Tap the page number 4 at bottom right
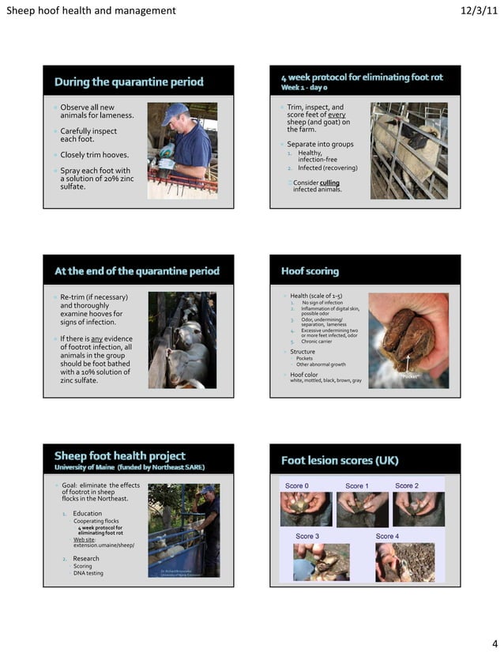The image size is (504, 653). [494, 642]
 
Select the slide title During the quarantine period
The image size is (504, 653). [129, 81]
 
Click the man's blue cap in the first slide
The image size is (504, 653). [175, 110]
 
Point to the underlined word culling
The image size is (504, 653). [329, 183]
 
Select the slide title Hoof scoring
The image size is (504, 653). [310, 271]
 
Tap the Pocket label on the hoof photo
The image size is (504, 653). [409, 377]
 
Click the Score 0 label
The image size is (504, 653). [297, 485]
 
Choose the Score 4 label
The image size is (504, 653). [387, 536]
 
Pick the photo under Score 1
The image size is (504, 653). [362, 510]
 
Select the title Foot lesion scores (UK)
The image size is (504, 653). [340, 460]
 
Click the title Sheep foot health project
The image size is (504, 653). [119, 455]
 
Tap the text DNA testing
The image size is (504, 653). [88, 573]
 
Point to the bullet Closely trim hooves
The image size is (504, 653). [94, 155]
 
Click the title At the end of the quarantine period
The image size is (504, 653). [137, 271]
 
